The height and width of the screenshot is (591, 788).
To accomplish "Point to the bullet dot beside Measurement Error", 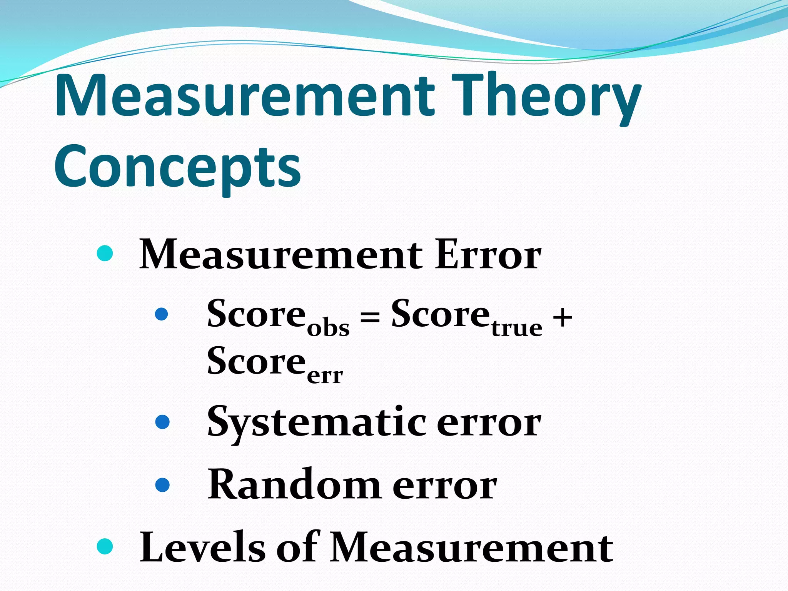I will [x=105, y=254].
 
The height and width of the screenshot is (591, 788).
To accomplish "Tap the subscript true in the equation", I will [x=517, y=328].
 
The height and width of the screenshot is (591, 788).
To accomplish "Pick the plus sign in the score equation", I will [x=562, y=318].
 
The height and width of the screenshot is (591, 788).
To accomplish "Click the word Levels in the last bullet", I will [x=202, y=547].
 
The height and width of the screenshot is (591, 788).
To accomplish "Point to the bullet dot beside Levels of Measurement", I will [x=105, y=546].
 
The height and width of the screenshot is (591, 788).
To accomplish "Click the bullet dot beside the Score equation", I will [x=162, y=314].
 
